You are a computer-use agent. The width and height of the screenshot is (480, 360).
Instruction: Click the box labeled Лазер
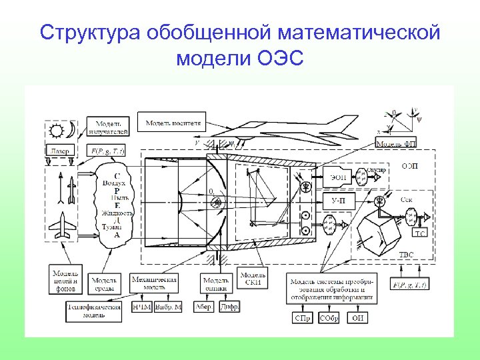59,151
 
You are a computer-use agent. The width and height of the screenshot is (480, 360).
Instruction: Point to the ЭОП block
339,177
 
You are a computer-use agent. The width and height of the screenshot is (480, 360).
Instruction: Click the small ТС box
420,234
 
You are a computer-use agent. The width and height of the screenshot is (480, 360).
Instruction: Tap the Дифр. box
229,307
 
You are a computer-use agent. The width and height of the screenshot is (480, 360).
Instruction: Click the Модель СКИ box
253,278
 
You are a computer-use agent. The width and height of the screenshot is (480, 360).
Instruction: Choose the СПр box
302,318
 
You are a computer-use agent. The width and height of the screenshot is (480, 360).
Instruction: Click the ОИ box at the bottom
358,318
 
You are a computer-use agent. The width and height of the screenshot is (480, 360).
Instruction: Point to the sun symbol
56,128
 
